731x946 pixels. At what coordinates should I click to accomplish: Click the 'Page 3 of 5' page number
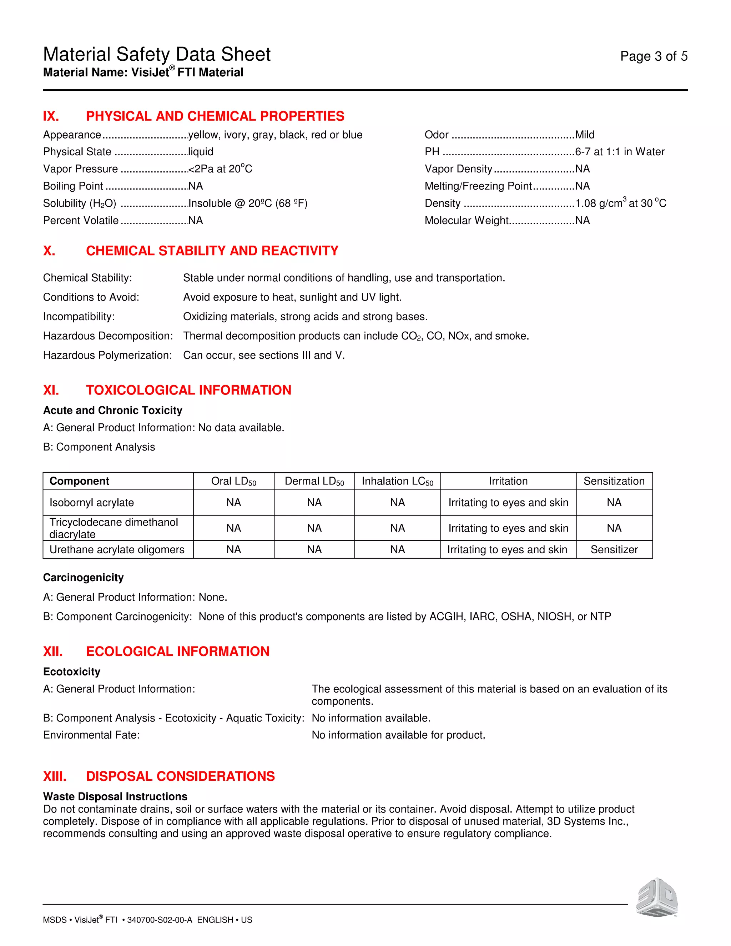coord(654,56)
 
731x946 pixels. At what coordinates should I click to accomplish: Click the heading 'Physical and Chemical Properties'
coord(215,116)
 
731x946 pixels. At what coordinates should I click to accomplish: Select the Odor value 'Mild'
coord(585,135)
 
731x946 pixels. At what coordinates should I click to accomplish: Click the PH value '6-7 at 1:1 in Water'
coord(619,152)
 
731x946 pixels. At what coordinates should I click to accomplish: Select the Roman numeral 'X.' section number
coord(49,251)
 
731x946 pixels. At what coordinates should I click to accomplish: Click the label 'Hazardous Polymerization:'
coord(107,355)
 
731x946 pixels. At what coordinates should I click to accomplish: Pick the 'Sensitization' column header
coord(614,481)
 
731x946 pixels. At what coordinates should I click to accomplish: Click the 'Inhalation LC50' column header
coord(397,481)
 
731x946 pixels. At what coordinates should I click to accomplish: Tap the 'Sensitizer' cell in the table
coord(614,549)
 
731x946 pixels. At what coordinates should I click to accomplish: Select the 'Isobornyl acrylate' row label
coord(92,503)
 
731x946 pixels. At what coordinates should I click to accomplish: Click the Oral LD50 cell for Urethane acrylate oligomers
coord(233,549)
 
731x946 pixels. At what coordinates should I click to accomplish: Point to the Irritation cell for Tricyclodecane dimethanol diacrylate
coord(508,528)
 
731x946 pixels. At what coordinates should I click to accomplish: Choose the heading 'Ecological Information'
coord(177,651)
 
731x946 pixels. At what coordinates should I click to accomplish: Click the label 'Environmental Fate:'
coord(91,735)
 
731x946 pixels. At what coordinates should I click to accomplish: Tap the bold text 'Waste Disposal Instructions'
coord(115,796)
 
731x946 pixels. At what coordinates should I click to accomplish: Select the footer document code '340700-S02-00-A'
coord(159,920)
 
